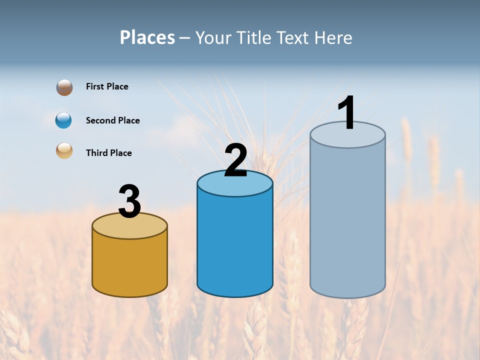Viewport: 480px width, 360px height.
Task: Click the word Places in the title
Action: pyautogui.click(x=147, y=37)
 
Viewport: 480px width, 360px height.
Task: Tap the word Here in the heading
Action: pyautogui.click(x=334, y=37)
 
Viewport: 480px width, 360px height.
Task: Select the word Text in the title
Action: pyautogui.click(x=295, y=37)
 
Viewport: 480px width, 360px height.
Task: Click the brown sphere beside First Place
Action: pyautogui.click(x=64, y=87)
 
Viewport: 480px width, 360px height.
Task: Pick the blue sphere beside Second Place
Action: pyautogui.click(x=63, y=120)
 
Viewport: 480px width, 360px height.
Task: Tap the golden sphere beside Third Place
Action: pyautogui.click(x=64, y=151)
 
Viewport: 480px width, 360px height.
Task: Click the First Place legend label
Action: pyautogui.click(x=107, y=86)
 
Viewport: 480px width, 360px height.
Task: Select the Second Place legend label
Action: pyautogui.click(x=112, y=120)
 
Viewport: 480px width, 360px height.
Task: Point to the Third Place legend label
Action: pyautogui.click(x=108, y=153)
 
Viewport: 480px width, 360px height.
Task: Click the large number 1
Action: pyautogui.click(x=347, y=113)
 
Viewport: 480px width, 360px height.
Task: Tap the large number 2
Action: pyautogui.click(x=235, y=160)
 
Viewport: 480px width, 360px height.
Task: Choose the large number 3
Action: pyautogui.click(x=129, y=201)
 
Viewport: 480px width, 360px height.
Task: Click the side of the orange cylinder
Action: pyautogui.click(x=130, y=265)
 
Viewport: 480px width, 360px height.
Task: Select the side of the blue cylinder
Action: pyautogui.click(x=235, y=245)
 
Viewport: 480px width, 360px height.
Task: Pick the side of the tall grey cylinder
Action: pyautogui.click(x=347, y=220)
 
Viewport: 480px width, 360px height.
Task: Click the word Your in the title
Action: pyautogui.click(x=214, y=37)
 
